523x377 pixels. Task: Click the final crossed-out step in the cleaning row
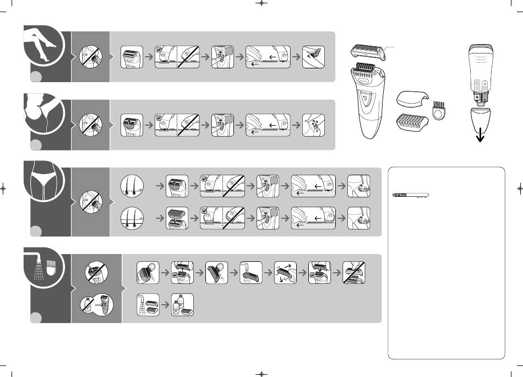(x=354, y=273)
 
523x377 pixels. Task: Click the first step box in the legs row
(x=132, y=56)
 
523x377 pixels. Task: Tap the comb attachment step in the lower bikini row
(x=178, y=218)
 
